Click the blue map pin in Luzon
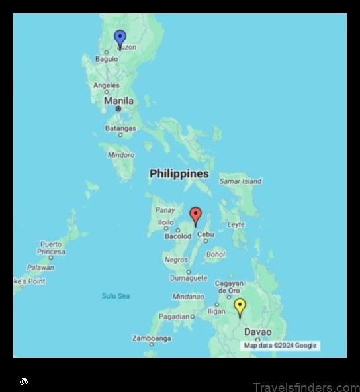[120, 38]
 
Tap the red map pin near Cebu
[195, 215]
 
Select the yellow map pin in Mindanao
[240, 306]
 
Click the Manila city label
[118, 101]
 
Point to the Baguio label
[106, 59]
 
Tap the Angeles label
[107, 85]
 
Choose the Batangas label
[120, 128]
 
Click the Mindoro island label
[120, 155]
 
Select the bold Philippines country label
[179, 173]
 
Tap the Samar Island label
[240, 181]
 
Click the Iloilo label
[166, 222]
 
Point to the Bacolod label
[177, 236]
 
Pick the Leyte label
[236, 225]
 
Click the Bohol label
[216, 254]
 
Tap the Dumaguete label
[189, 279]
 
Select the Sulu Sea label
[115, 295]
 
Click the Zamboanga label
[152, 338]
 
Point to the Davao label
[257, 332]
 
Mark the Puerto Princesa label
[52, 248]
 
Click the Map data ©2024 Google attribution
[280, 345]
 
